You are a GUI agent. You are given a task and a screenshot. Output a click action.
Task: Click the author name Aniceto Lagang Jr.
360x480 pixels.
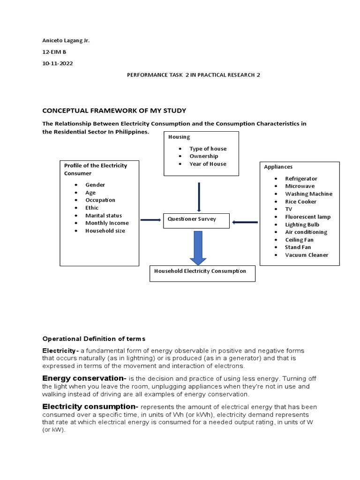pyautogui.click(x=66, y=41)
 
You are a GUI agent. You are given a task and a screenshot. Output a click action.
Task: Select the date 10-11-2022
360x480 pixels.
pyautogui.click(x=58, y=63)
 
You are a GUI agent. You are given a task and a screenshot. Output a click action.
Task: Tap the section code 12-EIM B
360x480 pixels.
pyautogui.click(x=55, y=52)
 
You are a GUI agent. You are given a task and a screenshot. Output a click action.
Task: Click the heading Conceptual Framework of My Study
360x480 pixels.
pyautogui.click(x=107, y=111)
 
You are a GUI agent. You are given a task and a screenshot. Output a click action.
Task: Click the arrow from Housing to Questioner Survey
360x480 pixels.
pyautogui.click(x=199, y=197)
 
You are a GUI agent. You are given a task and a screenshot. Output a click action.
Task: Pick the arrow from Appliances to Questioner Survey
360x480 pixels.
pyautogui.click(x=245, y=222)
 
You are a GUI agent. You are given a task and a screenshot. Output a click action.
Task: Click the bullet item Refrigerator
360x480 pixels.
pyautogui.click(x=301, y=179)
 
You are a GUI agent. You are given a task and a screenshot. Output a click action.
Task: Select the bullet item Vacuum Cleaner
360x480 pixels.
pyautogui.click(x=307, y=255)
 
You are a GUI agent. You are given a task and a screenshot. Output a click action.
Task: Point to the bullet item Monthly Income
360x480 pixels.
pyautogui.click(x=107, y=223)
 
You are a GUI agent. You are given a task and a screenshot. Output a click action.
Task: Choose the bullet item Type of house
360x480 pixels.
pyautogui.click(x=208, y=149)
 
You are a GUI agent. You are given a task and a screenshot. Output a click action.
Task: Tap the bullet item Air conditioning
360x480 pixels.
pyautogui.click(x=306, y=232)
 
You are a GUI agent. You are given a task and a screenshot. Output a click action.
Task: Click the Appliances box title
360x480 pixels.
pyautogui.click(x=278, y=166)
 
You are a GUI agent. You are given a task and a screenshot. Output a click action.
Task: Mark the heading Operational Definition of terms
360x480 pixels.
pyautogui.click(x=94, y=339)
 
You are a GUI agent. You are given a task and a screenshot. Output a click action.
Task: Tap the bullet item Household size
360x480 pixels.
pyautogui.click(x=105, y=231)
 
